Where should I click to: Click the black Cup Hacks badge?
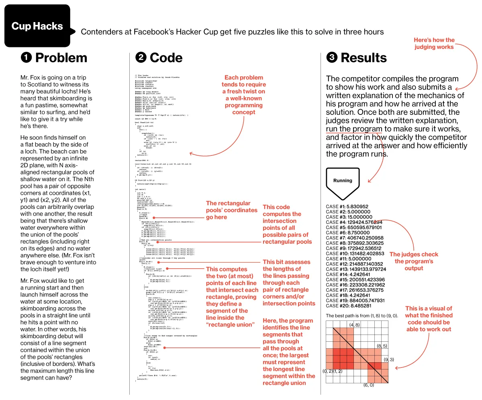click(x=37, y=27)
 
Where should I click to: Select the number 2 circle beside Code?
click(x=141, y=58)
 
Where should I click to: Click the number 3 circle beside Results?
click(x=332, y=58)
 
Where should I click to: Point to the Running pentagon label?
click(x=343, y=181)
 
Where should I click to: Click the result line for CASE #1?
click(x=347, y=206)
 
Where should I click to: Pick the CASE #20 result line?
click(x=349, y=306)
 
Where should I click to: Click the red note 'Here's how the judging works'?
click(x=434, y=43)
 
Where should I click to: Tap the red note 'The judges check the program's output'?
click(x=414, y=261)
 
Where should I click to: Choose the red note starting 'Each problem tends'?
click(x=244, y=95)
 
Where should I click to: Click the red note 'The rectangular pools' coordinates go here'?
click(x=232, y=210)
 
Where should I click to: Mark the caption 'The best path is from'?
click(x=362, y=316)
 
